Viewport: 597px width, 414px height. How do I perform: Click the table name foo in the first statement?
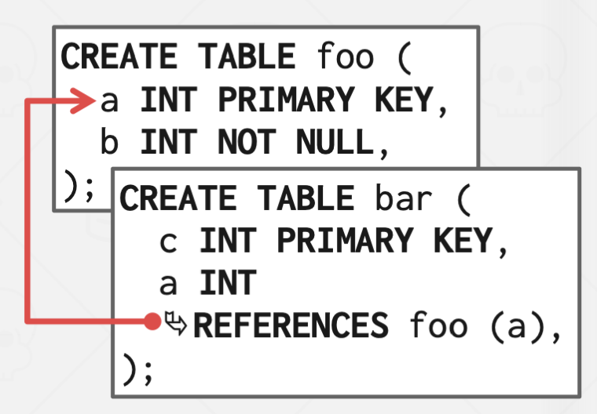coord(346,57)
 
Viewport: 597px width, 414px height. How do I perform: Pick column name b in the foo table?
coord(111,143)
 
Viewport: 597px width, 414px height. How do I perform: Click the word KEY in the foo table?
coord(404,100)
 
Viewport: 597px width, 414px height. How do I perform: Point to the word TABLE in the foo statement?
coord(246,57)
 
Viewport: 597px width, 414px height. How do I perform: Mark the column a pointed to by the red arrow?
coord(111,100)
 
